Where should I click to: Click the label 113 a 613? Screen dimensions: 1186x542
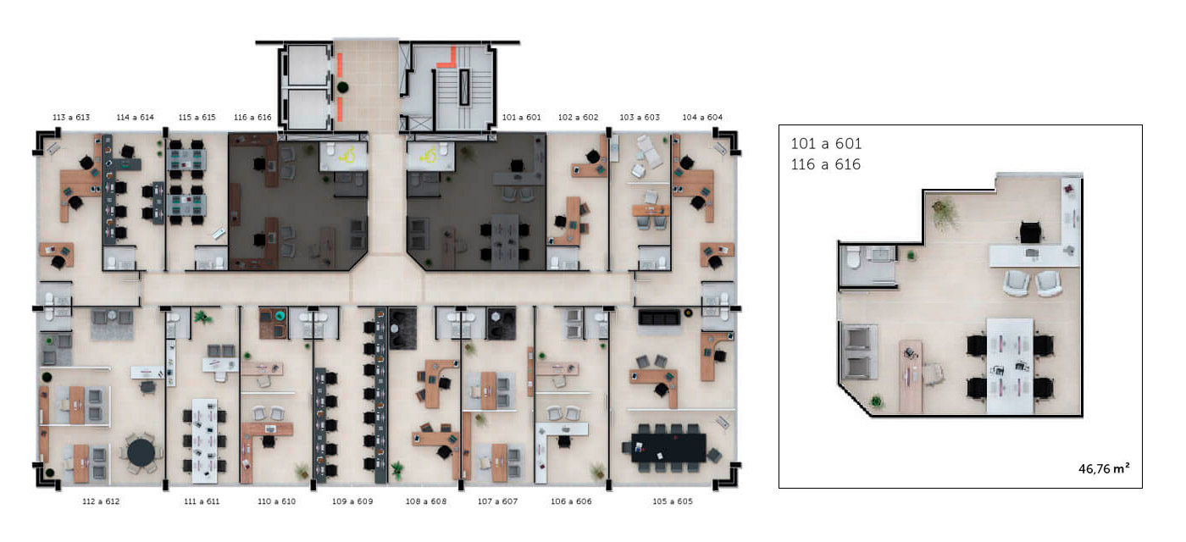tap(71, 118)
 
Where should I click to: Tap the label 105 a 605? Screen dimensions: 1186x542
tap(673, 501)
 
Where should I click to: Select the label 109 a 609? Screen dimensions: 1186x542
tap(352, 501)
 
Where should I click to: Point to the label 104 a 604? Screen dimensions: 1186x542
tap(702, 118)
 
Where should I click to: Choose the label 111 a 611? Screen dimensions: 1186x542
tap(202, 501)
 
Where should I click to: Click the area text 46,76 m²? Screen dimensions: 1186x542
tap(1104, 468)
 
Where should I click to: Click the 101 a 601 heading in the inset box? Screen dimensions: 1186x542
tap(826, 143)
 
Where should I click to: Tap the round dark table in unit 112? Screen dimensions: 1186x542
tap(141, 452)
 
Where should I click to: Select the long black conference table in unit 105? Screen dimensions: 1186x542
tap(668, 448)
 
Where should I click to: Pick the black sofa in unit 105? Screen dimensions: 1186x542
tap(659, 318)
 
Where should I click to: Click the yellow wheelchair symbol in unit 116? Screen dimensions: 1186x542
tap(347, 156)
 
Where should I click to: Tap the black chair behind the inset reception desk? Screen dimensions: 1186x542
tap(1030, 233)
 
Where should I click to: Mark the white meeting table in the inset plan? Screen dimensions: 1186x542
tap(1010, 366)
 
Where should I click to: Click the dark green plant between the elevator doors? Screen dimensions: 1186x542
tap(342, 87)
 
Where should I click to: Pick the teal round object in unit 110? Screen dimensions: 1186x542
tap(280, 316)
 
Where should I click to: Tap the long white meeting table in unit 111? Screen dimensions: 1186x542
tap(204, 440)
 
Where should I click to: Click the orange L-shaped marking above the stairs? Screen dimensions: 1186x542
tap(447, 58)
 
